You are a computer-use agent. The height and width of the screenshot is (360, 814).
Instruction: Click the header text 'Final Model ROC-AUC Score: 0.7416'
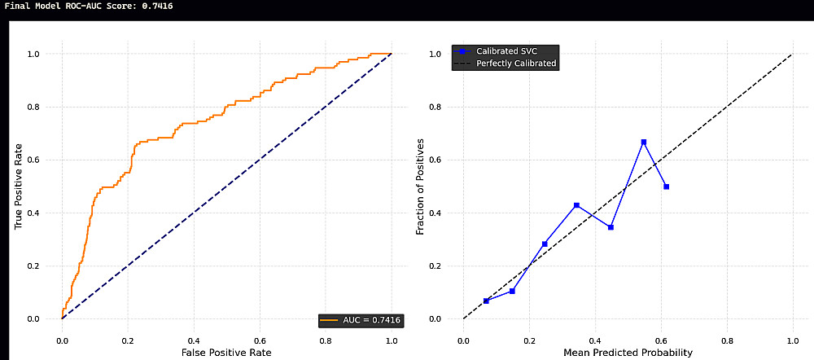(88, 7)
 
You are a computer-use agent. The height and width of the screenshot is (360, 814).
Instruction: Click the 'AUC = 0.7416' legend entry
(361, 321)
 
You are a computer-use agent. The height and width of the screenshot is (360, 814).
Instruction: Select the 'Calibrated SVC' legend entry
(500, 51)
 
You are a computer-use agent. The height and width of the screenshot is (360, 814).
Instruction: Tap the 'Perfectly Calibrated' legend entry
(505, 64)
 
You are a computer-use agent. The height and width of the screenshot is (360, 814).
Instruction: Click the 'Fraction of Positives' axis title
(421, 186)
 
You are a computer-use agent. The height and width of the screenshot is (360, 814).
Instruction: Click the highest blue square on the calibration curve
(644, 142)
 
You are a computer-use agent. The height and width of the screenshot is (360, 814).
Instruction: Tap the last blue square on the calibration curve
(666, 187)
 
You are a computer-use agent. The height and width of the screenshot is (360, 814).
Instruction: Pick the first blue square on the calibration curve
(486, 301)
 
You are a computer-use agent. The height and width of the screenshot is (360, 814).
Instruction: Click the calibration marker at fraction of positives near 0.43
(576, 205)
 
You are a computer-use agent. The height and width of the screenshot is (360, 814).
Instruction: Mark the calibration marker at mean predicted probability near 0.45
(611, 227)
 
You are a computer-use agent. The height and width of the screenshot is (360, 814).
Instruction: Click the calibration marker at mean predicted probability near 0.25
(545, 244)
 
